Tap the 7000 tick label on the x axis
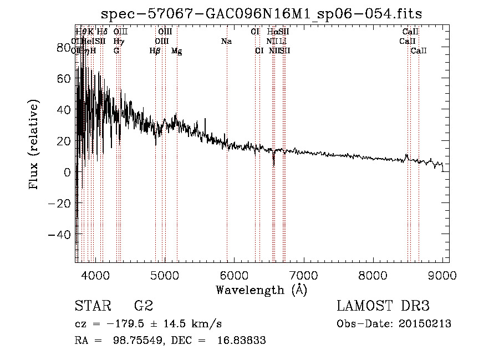tap(304, 274)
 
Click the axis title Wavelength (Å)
tap(261, 290)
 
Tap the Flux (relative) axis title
tap(34, 145)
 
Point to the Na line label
tap(226, 42)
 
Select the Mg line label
tap(177, 51)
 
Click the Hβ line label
tap(155, 51)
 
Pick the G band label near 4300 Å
tap(116, 51)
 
